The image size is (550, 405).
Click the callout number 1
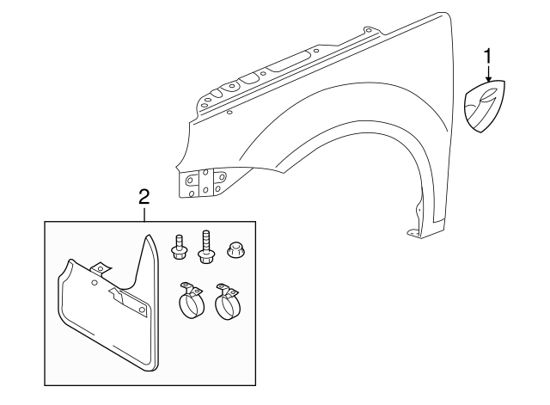pos(488,58)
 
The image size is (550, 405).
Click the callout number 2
pos(144,197)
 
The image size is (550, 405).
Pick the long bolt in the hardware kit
pos(206,245)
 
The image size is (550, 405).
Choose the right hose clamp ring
pos(229,302)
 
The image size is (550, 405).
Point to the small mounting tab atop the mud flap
pos(100,267)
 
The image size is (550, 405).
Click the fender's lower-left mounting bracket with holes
pos(203,183)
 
